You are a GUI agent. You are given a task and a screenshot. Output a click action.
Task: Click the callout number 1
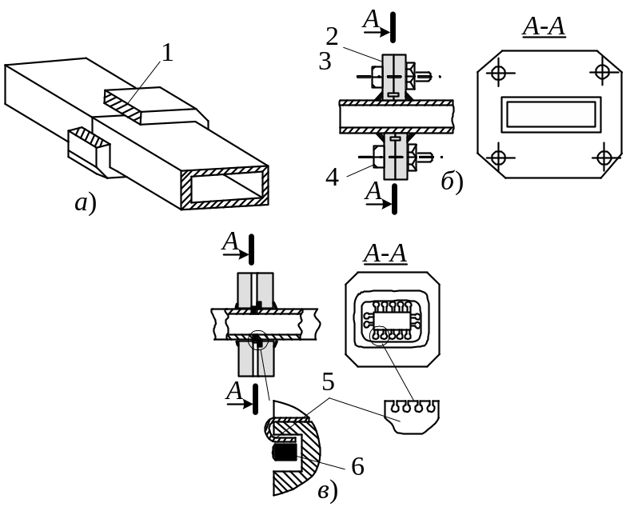168,53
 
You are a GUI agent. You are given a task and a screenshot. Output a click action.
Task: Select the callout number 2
332,36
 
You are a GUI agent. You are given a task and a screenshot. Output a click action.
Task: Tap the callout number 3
325,62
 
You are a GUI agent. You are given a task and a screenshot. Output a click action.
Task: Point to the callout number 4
332,177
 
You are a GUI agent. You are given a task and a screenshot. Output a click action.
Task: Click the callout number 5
328,382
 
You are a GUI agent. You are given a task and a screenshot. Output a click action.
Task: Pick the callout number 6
357,466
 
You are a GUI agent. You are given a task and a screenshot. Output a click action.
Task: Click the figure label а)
86,204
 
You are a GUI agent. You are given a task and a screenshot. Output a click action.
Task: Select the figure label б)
452,182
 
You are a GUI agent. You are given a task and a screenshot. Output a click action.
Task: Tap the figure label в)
328,492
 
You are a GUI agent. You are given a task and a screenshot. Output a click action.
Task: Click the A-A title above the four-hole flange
544,27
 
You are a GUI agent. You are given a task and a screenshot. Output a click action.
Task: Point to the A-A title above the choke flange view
385,254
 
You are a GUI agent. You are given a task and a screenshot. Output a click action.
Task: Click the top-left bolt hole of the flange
498,73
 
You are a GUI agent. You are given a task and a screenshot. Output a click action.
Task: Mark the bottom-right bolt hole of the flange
603,158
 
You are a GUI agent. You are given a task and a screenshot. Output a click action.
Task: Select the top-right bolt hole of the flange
602,71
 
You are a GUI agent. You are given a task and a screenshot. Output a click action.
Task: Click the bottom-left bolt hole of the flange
498,158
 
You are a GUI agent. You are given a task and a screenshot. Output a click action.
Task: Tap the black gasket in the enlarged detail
285,453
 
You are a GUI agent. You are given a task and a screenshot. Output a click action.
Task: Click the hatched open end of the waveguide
225,188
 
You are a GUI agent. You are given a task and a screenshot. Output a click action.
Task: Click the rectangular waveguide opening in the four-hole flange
552,114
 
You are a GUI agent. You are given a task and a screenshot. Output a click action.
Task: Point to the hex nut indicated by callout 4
377,157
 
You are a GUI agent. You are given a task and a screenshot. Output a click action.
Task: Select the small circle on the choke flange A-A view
379,334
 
